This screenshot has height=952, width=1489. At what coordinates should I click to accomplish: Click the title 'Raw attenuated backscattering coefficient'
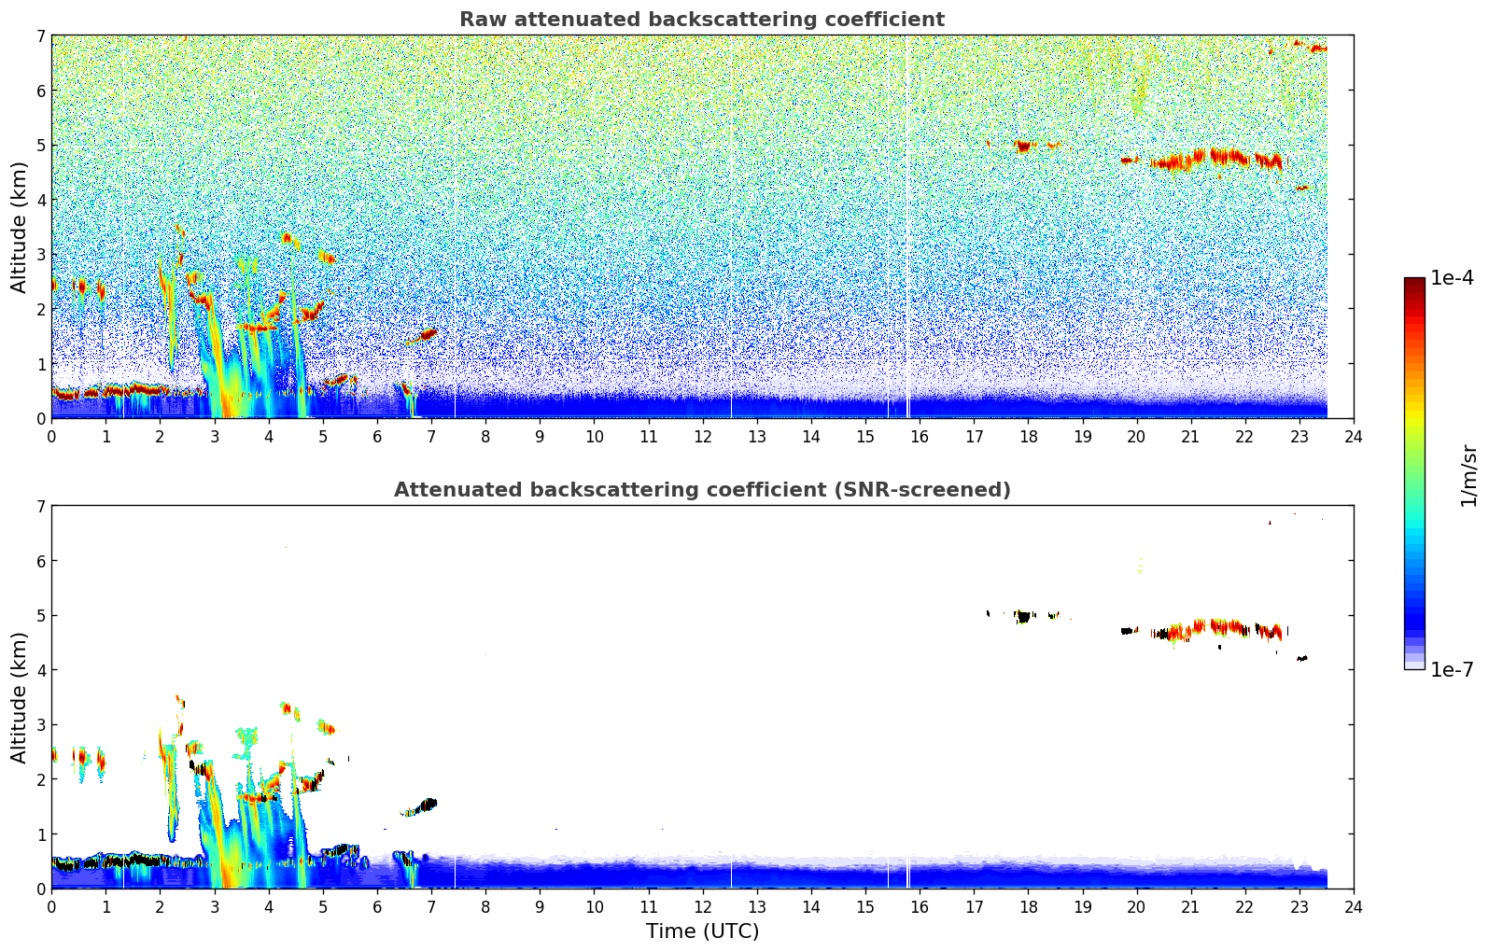click(x=701, y=20)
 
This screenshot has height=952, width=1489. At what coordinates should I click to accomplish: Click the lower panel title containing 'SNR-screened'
click(x=701, y=490)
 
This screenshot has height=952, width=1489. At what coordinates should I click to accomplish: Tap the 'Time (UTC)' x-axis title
click(x=702, y=931)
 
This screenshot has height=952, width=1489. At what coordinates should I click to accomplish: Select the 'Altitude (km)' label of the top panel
click(x=20, y=227)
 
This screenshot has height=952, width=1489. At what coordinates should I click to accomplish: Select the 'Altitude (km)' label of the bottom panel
click(x=20, y=697)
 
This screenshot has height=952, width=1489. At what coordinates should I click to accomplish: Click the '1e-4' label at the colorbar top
click(x=1452, y=278)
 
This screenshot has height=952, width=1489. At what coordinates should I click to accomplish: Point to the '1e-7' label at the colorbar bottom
click(x=1452, y=669)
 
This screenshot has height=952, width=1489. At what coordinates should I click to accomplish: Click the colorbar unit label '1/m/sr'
click(x=1468, y=475)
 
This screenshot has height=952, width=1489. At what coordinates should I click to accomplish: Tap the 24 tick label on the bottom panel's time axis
click(x=1354, y=906)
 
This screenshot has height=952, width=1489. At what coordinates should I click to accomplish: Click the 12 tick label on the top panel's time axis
click(x=702, y=436)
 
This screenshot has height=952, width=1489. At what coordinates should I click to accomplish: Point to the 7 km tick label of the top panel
click(x=40, y=36)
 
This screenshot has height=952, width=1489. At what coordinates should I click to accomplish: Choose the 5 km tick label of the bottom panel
click(x=40, y=616)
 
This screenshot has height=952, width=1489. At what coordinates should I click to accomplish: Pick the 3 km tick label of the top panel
click(x=40, y=255)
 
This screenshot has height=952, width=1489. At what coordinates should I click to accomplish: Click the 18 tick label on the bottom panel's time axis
click(x=1028, y=906)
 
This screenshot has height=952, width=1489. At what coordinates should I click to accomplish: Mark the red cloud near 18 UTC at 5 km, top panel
click(x=1024, y=146)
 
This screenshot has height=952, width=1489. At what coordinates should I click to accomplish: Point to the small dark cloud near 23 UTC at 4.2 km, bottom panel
click(x=1302, y=658)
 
